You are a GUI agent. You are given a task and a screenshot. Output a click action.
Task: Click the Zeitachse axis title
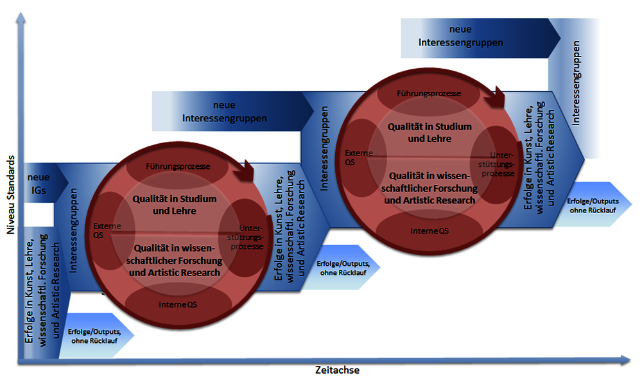pos(337,370)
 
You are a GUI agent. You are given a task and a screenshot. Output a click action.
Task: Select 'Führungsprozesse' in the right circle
pos(429,93)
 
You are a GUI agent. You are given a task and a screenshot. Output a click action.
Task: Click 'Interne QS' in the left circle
pos(178,304)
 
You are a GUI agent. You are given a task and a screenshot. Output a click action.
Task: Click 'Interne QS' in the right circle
pos(429,229)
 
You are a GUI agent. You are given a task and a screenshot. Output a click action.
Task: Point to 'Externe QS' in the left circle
pos(103,230)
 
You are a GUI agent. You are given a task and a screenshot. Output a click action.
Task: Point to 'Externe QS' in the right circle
pos(354,157)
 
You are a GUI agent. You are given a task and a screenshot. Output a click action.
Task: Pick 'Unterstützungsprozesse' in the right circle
pos(501,164)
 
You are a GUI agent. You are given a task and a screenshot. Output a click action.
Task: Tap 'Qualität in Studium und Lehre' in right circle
pos(429,132)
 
